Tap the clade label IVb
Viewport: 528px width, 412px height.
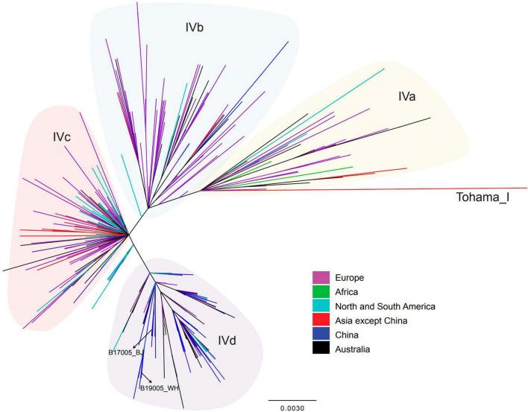195,28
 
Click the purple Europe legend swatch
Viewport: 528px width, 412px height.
321,277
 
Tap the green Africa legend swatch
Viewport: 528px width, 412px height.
321,291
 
